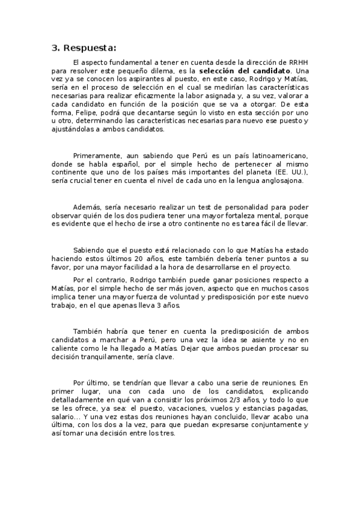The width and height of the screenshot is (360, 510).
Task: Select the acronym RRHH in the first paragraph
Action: [x=298, y=62]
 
